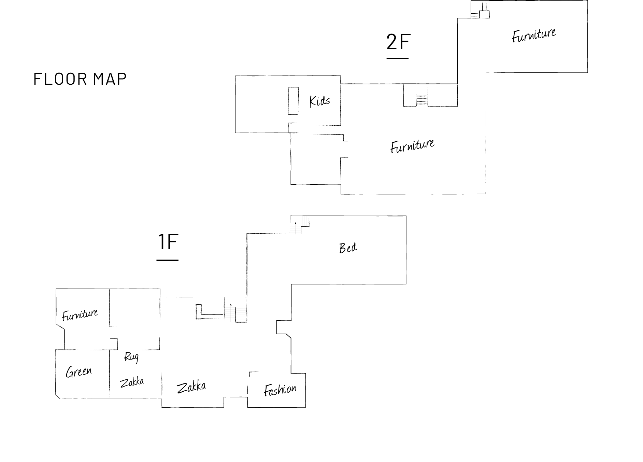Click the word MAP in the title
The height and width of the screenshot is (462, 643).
[110, 79]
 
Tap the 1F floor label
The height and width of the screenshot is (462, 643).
[168, 242]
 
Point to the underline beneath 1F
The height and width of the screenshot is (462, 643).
[168, 260]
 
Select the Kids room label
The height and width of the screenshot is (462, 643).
[319, 101]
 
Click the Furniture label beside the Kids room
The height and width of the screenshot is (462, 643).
[412, 146]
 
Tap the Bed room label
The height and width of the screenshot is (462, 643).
[348, 248]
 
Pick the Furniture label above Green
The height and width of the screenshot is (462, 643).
[80, 314]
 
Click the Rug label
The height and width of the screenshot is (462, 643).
[131, 357]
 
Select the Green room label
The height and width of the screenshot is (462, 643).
[79, 372]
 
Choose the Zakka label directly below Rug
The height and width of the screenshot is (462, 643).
[132, 382]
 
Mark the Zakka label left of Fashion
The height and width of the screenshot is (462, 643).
[191, 387]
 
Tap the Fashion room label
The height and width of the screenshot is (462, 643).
[280, 390]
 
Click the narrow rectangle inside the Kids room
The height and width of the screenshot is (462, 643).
[293, 101]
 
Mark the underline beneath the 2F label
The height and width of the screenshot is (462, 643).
[397, 58]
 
